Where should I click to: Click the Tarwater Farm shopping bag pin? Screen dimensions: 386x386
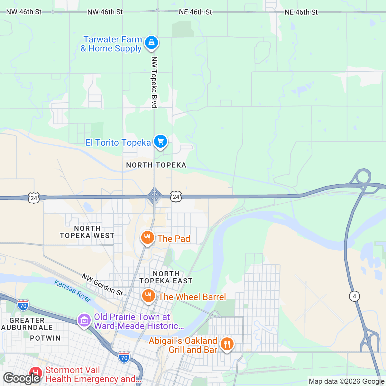[151, 42]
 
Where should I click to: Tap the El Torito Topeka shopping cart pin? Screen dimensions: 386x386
[160, 142]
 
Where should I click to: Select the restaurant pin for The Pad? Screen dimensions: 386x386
[147, 238]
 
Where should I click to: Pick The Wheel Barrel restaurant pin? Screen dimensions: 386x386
[148, 296]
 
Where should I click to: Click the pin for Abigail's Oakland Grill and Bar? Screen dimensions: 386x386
[227, 344]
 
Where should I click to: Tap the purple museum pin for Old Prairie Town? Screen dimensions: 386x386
[84, 320]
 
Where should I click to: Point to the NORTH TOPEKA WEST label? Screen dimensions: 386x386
[87, 232]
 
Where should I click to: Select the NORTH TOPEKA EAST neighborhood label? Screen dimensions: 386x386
[166, 277]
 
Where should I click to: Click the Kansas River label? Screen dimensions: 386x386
[73, 291]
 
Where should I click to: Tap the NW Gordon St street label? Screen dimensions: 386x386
[102, 285]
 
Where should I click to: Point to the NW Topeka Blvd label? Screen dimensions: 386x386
[154, 82]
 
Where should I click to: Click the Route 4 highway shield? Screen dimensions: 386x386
[354, 296]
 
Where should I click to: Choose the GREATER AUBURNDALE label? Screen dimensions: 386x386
[27, 324]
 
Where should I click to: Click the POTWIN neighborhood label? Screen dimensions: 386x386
[45, 338]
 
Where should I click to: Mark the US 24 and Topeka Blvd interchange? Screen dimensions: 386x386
[155, 196]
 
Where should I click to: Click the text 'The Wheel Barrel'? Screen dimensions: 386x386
[192, 297]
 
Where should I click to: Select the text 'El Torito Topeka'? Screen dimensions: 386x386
[118, 142]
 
